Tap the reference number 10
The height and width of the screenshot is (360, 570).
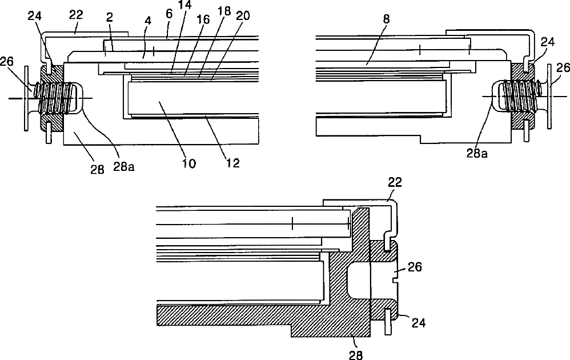[189, 163]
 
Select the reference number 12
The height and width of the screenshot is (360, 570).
[232, 163]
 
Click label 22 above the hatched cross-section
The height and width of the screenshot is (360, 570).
[395, 182]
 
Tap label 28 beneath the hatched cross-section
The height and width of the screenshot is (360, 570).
[356, 353]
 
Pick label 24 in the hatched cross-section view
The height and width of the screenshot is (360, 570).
[419, 323]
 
